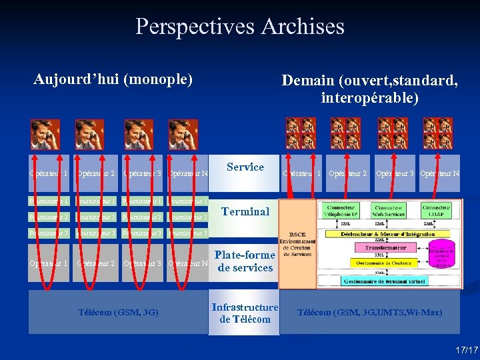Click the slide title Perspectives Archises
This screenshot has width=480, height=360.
pyautogui.click(x=240, y=27)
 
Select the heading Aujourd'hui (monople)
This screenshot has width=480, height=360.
pyautogui.click(x=113, y=80)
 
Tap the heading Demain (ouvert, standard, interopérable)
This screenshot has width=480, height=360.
pyautogui.click(x=369, y=89)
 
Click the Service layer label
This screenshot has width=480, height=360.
pyautogui.click(x=245, y=167)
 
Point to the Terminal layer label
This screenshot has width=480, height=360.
pyautogui.click(x=245, y=211)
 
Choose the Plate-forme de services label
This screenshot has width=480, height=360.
pyautogui.click(x=245, y=261)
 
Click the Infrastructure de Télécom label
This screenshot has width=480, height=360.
pyautogui.click(x=245, y=313)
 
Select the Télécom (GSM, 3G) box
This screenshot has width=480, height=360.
pyautogui.click(x=117, y=312)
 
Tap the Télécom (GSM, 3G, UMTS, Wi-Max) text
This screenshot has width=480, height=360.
pyautogui.click(x=369, y=312)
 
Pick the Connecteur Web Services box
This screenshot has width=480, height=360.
pyautogui.click(x=389, y=211)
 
